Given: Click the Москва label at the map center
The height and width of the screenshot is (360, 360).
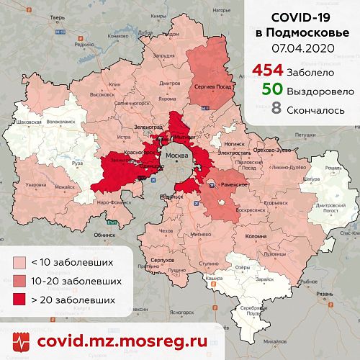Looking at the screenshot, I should [177, 156].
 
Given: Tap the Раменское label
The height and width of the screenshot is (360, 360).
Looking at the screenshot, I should [235, 185].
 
